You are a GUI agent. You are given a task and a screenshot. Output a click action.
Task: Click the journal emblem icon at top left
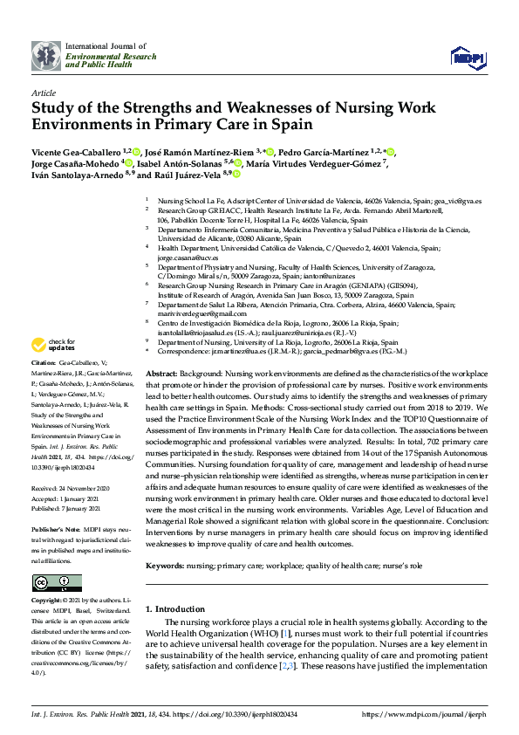click(x=46, y=57)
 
